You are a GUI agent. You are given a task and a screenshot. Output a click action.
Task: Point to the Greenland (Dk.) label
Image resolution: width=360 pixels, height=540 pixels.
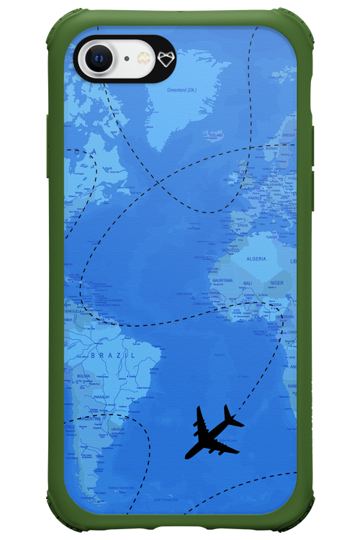181,90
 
